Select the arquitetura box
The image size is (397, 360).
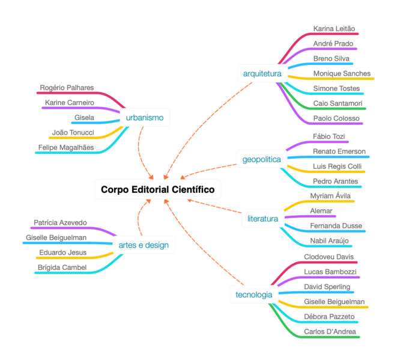(262, 74)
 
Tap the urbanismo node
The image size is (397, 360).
(145, 117)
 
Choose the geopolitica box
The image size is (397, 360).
(261, 159)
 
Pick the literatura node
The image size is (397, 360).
(262, 218)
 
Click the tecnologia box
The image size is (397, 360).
(253, 294)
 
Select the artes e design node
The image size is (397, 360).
(144, 245)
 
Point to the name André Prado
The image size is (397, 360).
(333, 43)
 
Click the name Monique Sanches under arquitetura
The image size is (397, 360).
(342, 73)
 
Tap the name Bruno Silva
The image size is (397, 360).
(331, 58)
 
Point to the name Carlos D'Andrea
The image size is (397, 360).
(330, 331)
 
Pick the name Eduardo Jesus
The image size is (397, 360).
(62, 252)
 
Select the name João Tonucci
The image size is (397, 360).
(70, 132)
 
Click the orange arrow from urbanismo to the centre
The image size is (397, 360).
(142, 150)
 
